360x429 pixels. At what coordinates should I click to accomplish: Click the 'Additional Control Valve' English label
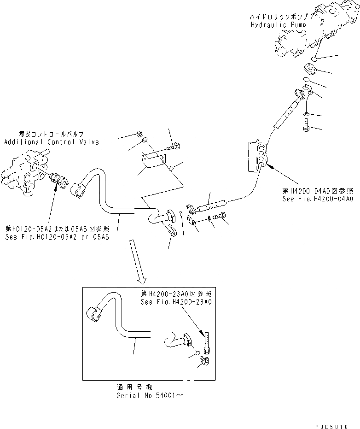[52, 142]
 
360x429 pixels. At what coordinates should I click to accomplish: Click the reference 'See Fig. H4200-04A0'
[318, 199]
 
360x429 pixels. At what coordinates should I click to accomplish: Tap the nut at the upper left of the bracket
[139, 135]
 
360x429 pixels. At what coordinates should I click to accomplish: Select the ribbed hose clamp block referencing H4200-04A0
[256, 158]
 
